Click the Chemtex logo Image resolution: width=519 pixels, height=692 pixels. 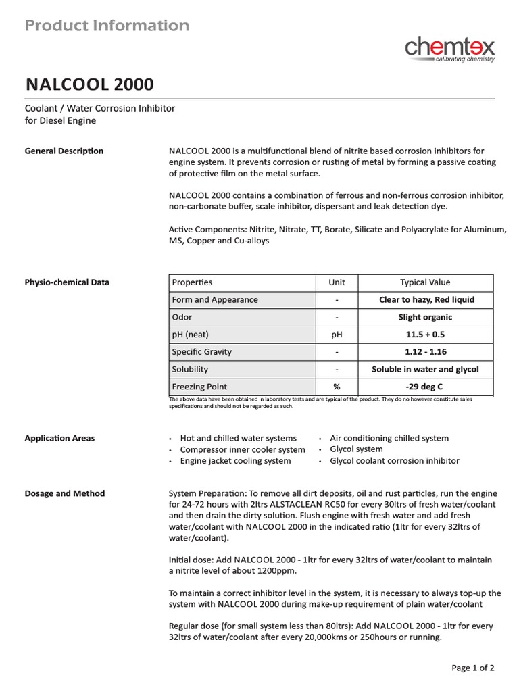(449, 49)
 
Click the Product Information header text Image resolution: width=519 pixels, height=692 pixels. (107, 26)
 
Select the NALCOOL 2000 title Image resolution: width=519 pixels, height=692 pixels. (89, 84)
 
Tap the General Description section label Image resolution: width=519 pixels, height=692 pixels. (64, 151)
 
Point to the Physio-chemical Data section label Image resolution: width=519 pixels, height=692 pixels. (67, 282)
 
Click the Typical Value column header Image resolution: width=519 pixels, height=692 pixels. (425, 282)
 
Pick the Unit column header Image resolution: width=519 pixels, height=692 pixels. (337, 282)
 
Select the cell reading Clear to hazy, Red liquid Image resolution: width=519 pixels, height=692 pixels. (426, 300)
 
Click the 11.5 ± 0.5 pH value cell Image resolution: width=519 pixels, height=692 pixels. (425, 335)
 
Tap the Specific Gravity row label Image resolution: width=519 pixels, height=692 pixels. (201, 352)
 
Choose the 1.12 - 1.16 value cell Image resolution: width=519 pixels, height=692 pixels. (425, 352)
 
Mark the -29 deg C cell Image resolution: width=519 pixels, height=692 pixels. (425, 387)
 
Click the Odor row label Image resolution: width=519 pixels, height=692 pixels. (182, 317)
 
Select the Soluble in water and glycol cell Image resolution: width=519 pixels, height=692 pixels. (425, 370)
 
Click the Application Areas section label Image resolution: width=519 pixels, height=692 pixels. (59, 438)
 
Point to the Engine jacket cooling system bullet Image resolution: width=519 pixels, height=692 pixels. (235, 461)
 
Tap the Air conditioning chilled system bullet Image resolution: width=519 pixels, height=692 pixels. (389, 438)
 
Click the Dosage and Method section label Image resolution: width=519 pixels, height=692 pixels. (65, 493)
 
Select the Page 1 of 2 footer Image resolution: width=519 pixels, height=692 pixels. (473, 668)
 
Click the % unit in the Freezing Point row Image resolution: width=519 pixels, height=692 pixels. (337, 387)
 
